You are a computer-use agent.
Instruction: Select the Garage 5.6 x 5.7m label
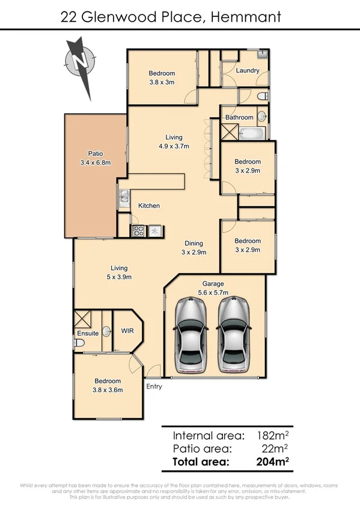coord(213,287)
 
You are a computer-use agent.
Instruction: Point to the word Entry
coord(154,387)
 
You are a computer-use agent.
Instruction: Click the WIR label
coord(127,331)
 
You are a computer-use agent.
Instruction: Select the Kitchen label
coord(149,206)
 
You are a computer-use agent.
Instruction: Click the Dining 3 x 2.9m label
coord(194,248)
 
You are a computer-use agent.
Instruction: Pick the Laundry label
coord(248,70)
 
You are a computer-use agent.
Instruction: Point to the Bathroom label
coord(239,117)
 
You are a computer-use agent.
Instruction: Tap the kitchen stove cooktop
coord(139,230)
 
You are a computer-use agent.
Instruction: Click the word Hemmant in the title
coord(246,17)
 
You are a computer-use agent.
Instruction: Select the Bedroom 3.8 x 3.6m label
coord(108,385)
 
